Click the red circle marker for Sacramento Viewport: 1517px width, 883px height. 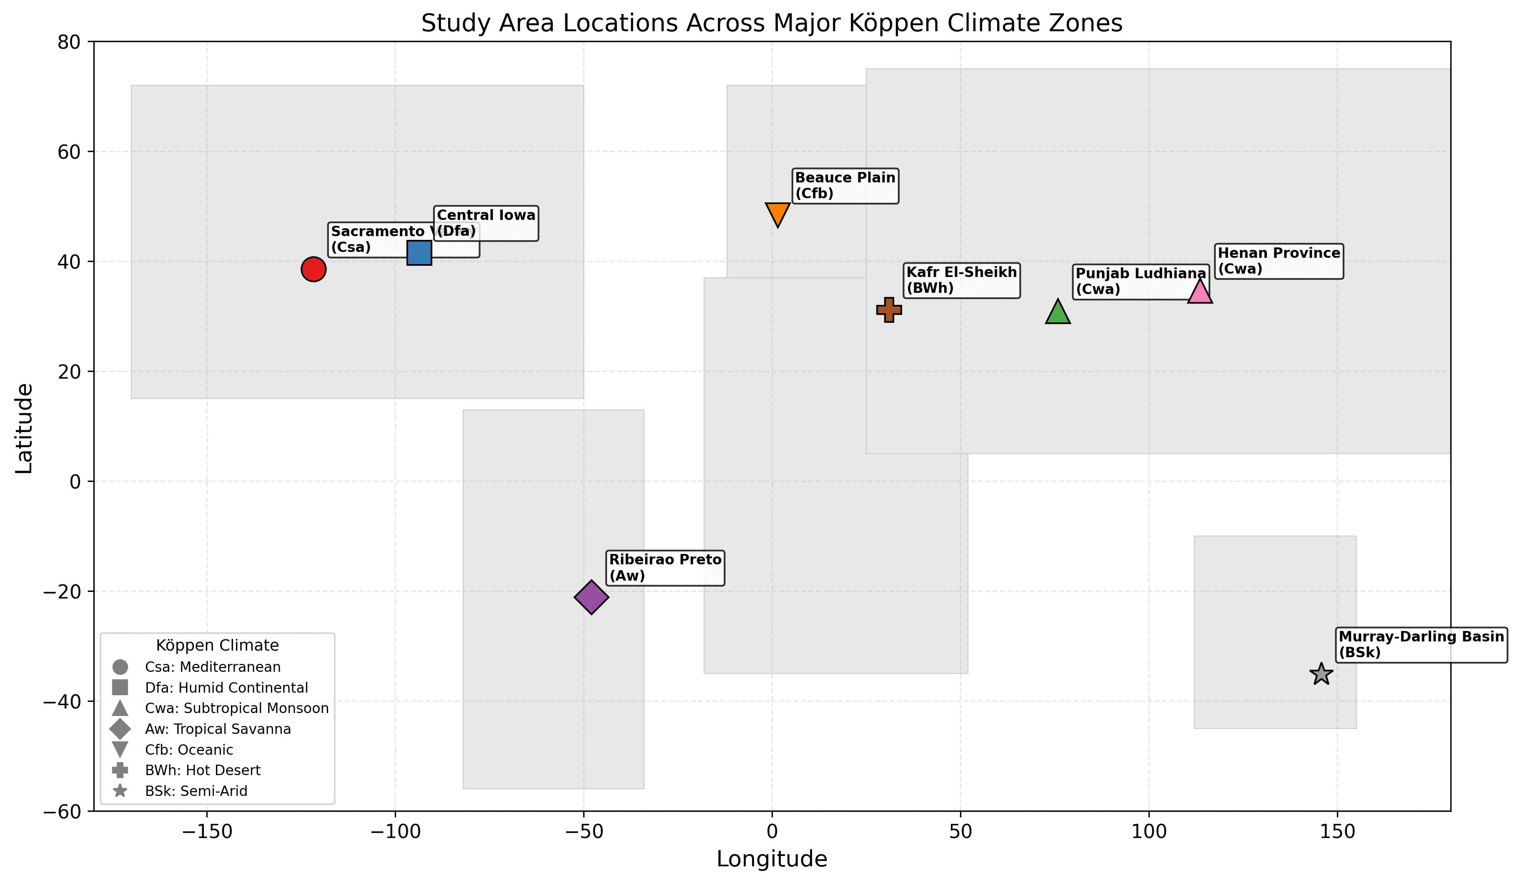click(x=313, y=269)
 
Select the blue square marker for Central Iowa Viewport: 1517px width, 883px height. click(x=419, y=253)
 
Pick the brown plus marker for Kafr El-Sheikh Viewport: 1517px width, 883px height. click(x=889, y=310)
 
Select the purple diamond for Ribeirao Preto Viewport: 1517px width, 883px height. click(x=592, y=597)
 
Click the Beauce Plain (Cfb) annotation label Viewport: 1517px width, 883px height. click(x=845, y=186)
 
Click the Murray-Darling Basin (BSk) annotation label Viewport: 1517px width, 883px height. click(x=1421, y=645)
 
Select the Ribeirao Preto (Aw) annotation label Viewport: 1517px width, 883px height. click(x=665, y=568)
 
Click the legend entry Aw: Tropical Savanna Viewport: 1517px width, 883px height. click(x=218, y=729)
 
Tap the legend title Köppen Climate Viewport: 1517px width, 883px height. click(x=217, y=646)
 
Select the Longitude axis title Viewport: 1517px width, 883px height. click(x=772, y=859)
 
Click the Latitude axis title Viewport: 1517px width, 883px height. click(x=24, y=428)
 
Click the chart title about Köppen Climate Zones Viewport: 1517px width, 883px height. click(x=772, y=23)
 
